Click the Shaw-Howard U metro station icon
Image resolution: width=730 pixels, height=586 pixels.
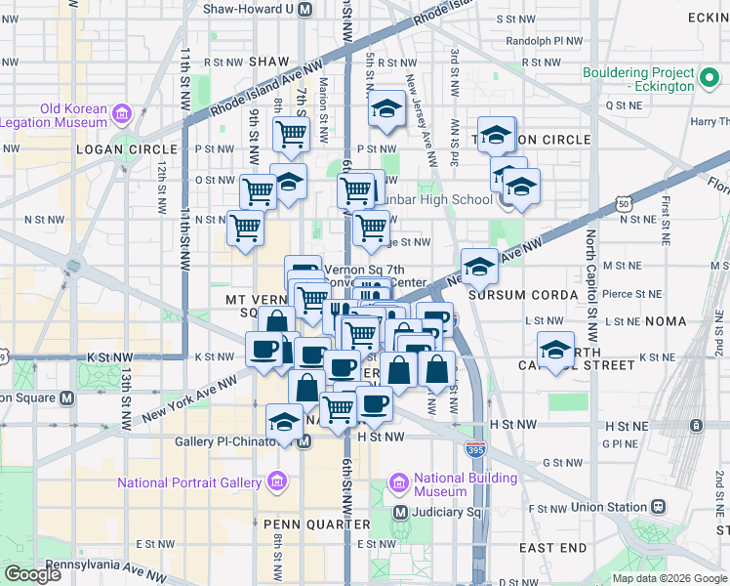click(x=304, y=9)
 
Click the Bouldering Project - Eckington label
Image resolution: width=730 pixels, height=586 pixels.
click(x=638, y=79)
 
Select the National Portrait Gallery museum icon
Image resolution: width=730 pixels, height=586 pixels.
click(x=277, y=482)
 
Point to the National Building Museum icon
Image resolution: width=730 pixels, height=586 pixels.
click(x=398, y=482)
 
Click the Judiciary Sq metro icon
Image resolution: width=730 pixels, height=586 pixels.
click(x=400, y=512)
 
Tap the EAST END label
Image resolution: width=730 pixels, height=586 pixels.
click(x=551, y=548)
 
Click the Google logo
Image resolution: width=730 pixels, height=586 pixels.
click(x=32, y=574)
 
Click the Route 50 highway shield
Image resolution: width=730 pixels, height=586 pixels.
click(x=623, y=202)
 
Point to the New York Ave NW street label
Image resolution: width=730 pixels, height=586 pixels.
click(x=191, y=399)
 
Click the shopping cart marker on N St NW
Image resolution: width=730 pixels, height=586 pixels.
click(x=246, y=228)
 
